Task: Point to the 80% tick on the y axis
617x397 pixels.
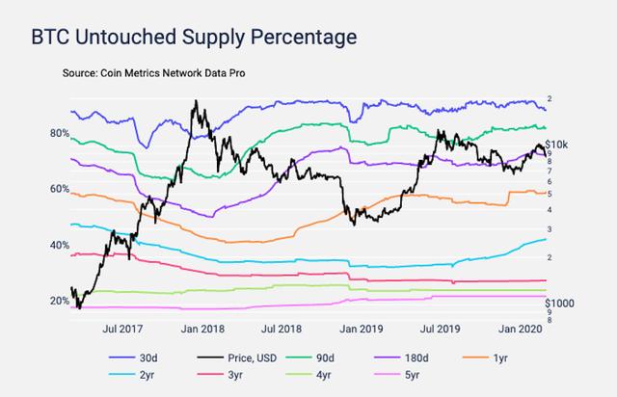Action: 60,133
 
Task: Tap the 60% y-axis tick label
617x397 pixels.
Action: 60,189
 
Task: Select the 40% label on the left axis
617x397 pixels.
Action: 60,245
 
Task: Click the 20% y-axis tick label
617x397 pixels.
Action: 60,301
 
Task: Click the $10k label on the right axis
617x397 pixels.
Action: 560,144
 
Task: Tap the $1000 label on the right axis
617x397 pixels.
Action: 563,303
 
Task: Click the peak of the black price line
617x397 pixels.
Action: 198,100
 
